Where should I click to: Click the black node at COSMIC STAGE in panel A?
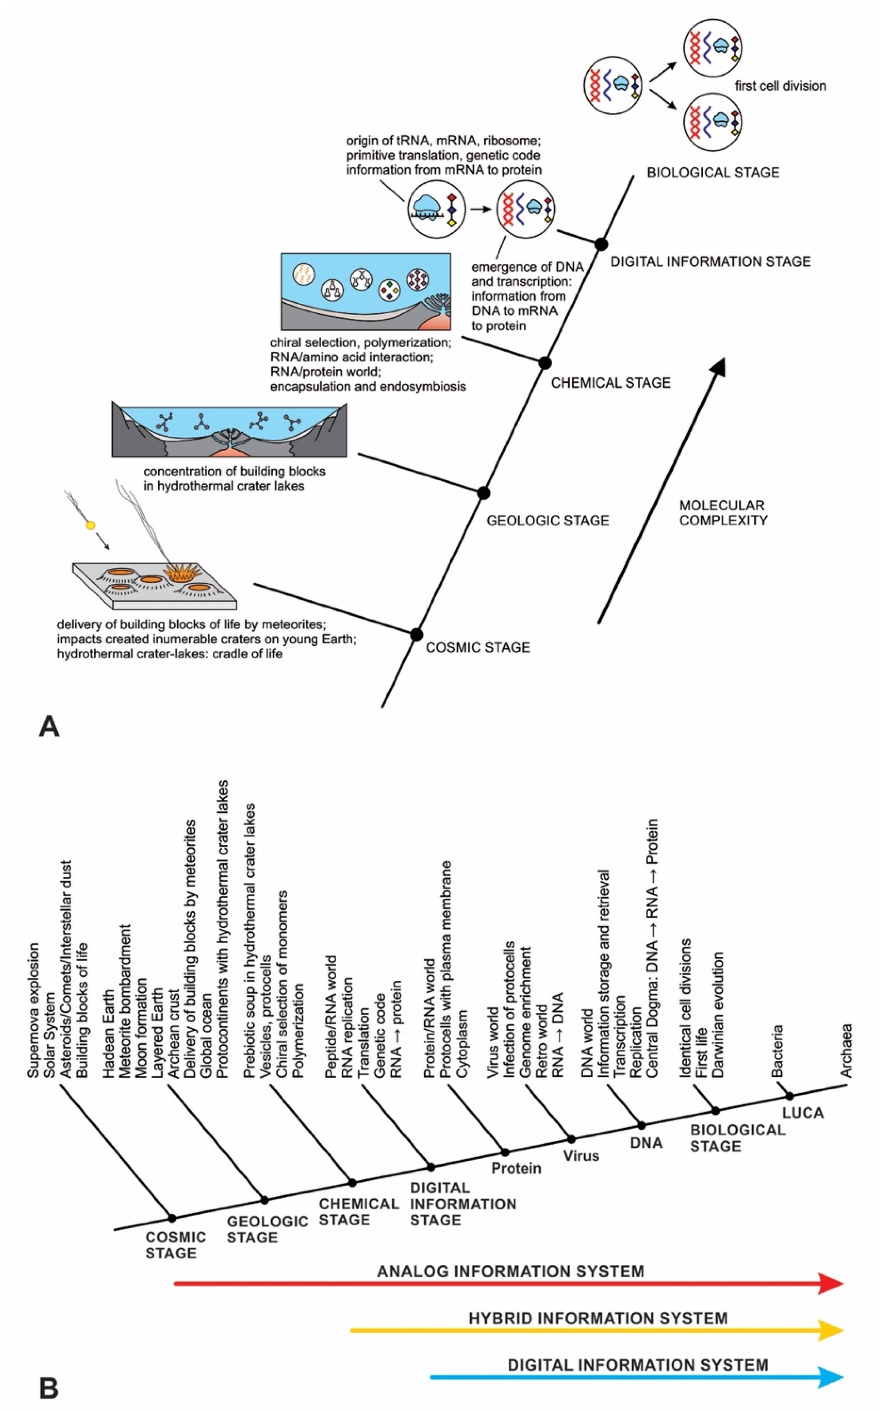pos(416,634)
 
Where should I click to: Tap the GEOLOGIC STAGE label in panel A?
pos(548,520)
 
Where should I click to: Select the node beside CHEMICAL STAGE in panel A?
pos(545,363)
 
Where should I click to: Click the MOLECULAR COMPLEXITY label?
pos(723,513)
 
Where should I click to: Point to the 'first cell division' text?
pos(780,86)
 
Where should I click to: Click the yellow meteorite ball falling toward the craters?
pos(90,526)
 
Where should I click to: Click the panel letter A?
pos(49,727)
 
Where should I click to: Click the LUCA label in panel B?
pos(803,1113)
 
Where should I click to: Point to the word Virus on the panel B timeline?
pos(581,1155)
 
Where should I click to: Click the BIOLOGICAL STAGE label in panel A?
pos(713,173)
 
